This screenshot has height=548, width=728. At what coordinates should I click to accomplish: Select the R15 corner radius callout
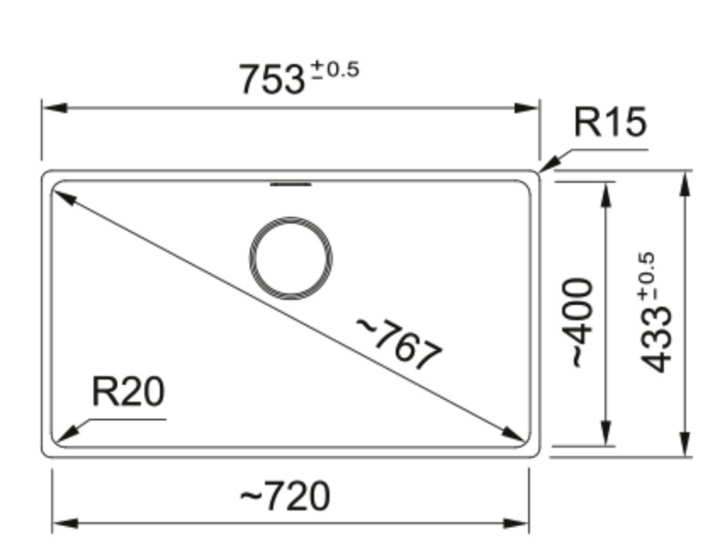click(x=609, y=122)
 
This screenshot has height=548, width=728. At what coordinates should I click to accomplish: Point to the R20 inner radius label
click(x=128, y=392)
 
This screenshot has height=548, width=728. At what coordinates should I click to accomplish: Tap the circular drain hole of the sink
click(x=290, y=259)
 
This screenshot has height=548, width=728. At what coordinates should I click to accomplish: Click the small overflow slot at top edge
click(x=290, y=184)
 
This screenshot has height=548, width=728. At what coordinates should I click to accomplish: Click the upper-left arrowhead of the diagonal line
click(x=65, y=196)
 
